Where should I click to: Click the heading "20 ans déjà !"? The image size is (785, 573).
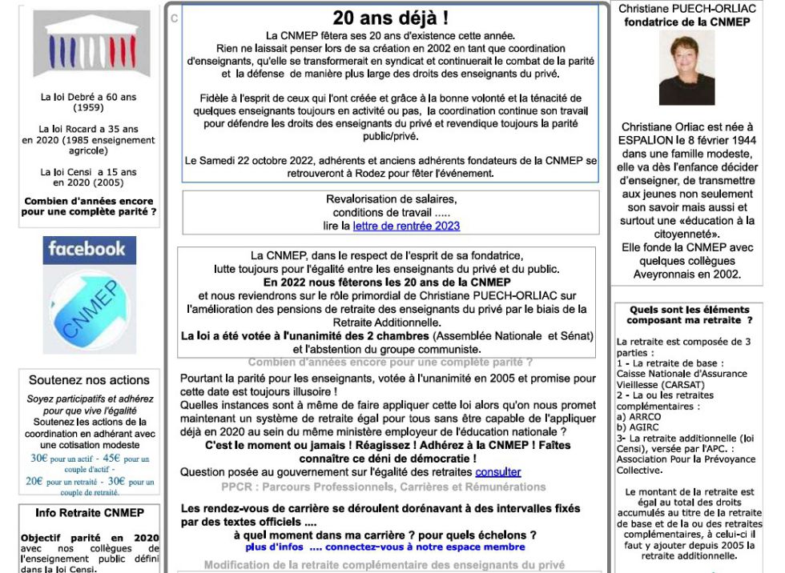point(390,18)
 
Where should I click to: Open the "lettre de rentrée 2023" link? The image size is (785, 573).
point(406,226)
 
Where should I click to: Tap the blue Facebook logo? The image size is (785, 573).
point(89,249)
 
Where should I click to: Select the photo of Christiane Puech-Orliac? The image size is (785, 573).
point(686,69)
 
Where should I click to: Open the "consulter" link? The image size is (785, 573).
point(497,472)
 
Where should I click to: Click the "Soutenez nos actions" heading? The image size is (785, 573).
point(89,380)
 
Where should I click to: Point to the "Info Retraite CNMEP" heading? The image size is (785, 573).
point(89,513)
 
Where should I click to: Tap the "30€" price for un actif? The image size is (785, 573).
point(39,459)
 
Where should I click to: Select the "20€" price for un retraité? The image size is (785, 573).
point(34,482)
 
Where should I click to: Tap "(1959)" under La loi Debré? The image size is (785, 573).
point(88,107)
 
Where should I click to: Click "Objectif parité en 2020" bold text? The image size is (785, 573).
point(90,538)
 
